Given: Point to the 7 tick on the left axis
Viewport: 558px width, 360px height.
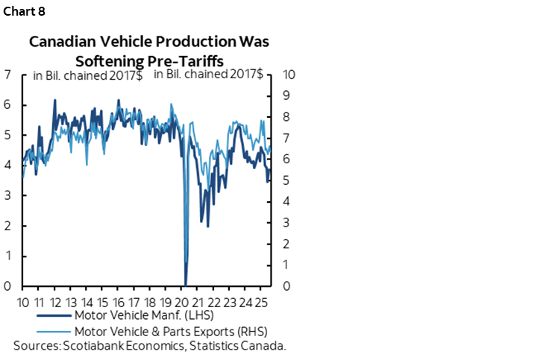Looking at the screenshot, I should click(x=7, y=75).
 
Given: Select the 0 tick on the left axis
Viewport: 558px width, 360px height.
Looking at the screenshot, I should click(x=7, y=286).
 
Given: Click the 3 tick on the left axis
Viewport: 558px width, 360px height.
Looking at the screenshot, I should click(x=7, y=195).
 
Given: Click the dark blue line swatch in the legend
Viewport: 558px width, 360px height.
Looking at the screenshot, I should click(x=53, y=317).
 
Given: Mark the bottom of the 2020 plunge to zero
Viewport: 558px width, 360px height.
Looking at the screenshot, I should click(x=186, y=284).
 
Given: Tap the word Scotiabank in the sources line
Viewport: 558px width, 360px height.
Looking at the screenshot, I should click(x=92, y=346).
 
